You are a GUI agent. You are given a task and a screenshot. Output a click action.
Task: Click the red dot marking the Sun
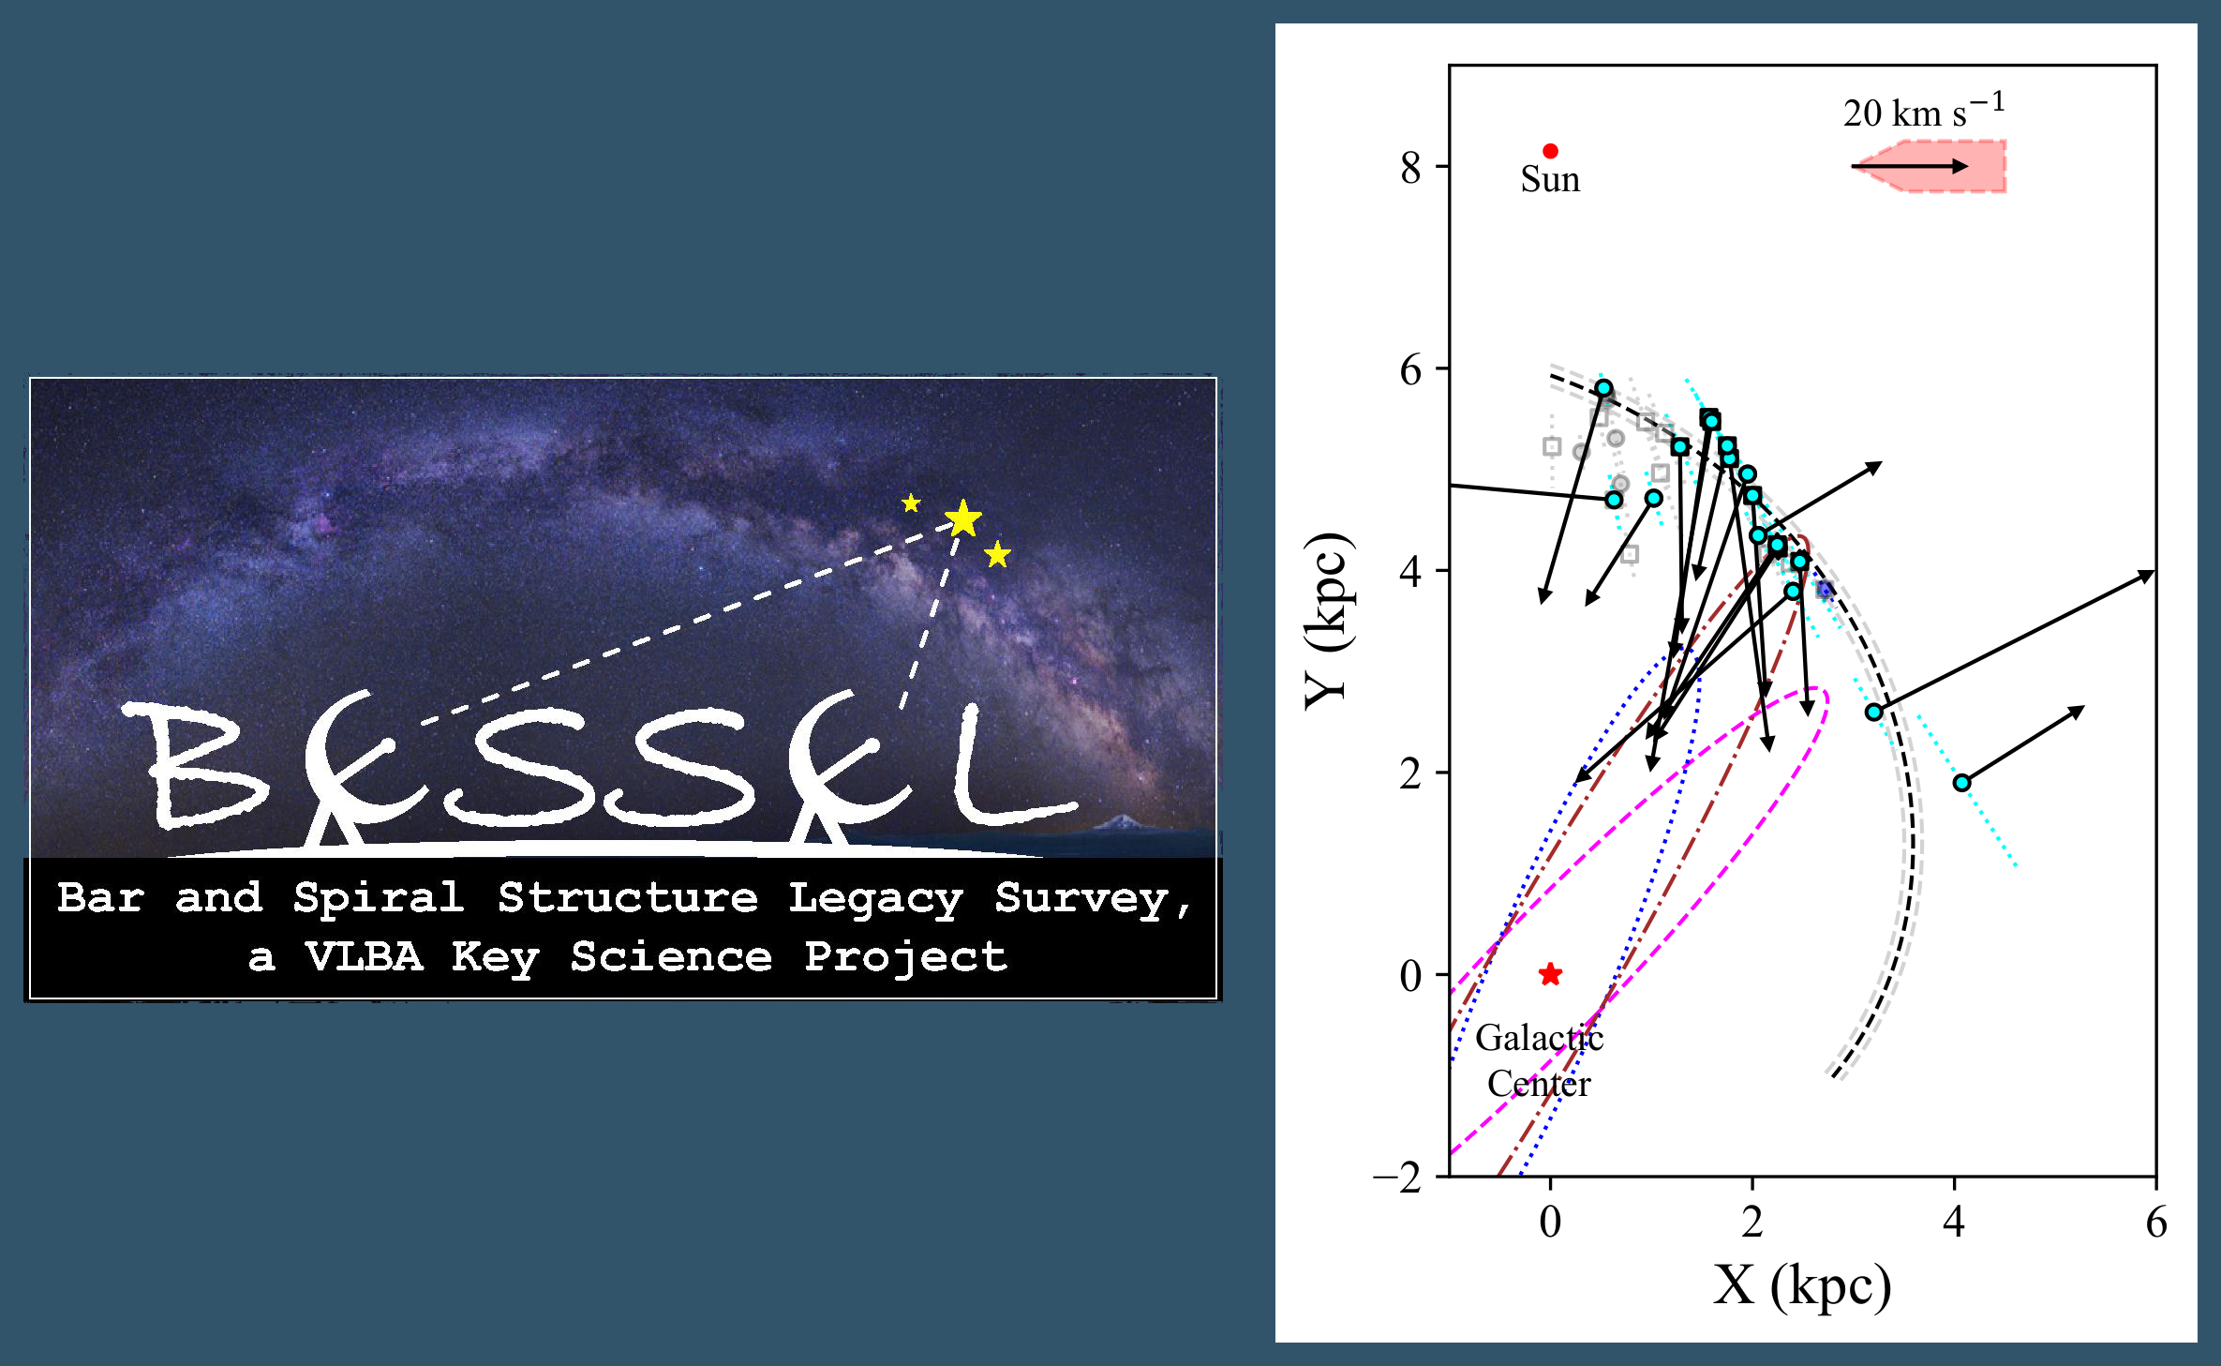click(x=1550, y=151)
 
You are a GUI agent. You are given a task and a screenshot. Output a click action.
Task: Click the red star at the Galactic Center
click(x=1550, y=974)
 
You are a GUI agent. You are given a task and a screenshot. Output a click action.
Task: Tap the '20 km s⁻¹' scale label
click(x=1922, y=113)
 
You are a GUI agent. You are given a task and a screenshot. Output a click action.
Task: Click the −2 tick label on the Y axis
click(x=1397, y=1178)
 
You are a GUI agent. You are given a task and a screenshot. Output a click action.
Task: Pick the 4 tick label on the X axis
click(x=1954, y=1221)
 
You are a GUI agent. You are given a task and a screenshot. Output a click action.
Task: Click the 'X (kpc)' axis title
click(x=1801, y=1285)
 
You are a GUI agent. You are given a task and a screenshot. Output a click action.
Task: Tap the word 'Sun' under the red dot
click(x=1550, y=179)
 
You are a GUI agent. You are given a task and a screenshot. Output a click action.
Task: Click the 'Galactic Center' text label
click(x=1539, y=1060)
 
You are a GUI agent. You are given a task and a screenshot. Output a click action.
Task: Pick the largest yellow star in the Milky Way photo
click(x=963, y=518)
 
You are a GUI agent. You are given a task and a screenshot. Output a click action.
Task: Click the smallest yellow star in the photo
click(x=911, y=503)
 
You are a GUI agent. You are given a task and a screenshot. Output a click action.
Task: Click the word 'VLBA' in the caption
click(x=364, y=957)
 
